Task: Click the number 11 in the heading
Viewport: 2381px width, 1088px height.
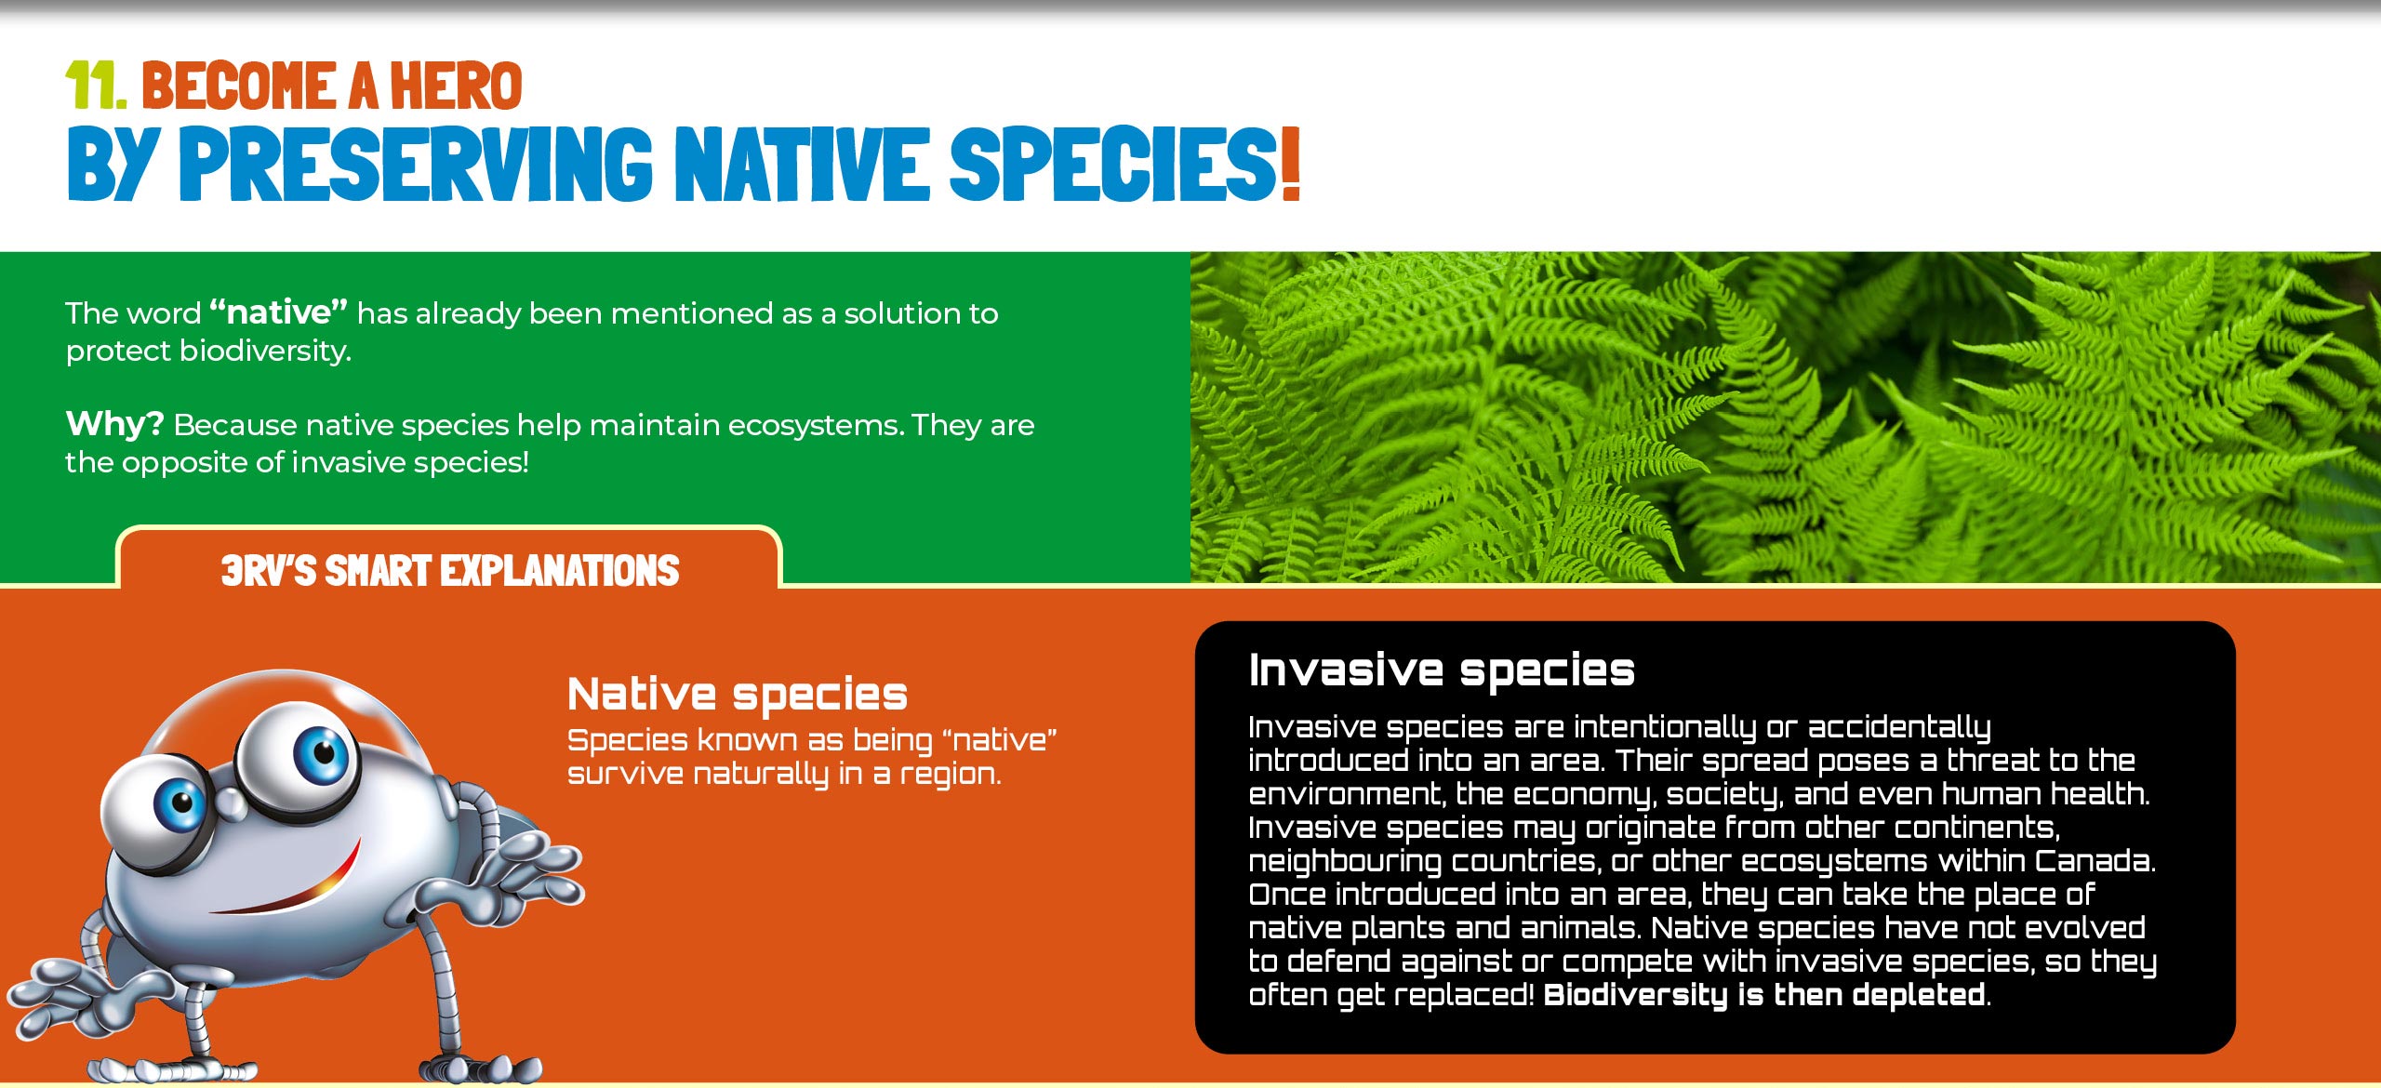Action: click(x=96, y=86)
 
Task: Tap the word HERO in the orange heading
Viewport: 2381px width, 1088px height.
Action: click(x=456, y=86)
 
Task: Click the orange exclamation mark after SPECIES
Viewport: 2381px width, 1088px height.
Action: click(x=1289, y=164)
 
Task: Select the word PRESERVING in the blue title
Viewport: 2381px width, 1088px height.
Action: click(x=416, y=164)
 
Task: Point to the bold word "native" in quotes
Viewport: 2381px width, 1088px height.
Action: click(x=279, y=312)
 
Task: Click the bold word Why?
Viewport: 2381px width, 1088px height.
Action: click(x=114, y=424)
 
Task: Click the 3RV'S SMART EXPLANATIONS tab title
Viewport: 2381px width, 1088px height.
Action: click(x=450, y=570)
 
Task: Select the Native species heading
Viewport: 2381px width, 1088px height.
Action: click(x=738, y=695)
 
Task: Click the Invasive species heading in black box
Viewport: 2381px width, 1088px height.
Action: click(x=1442, y=670)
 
